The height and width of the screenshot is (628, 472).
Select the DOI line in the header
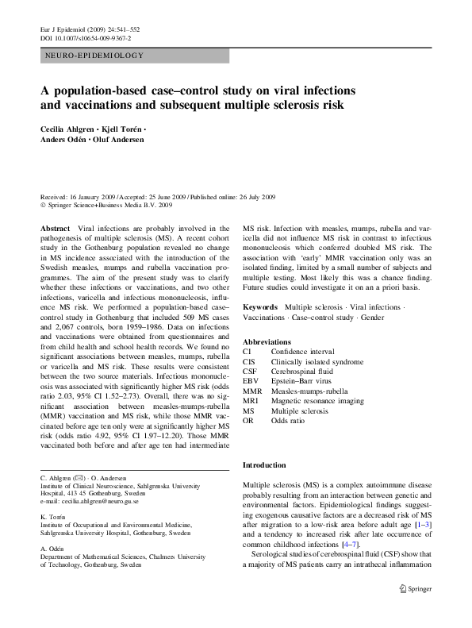click(x=85, y=38)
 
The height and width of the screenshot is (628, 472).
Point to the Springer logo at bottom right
click(x=415, y=588)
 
